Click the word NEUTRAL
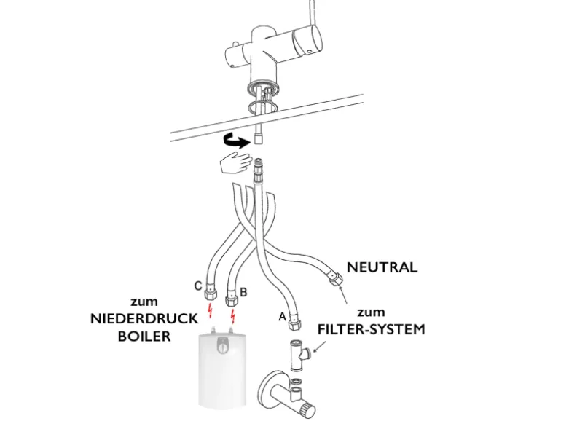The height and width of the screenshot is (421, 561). pos(382,267)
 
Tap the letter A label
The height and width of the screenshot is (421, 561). pos(282,317)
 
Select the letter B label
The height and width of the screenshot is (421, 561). pos(243,291)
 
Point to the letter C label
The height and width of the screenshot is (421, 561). pos(197,286)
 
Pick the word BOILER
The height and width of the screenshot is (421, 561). pos(144,337)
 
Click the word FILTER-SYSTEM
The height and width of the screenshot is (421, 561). pos(371,328)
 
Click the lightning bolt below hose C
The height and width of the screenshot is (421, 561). pos(211,314)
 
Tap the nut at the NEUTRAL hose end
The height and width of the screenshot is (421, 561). pos(337,278)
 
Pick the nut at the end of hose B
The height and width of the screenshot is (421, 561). pos(232,298)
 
